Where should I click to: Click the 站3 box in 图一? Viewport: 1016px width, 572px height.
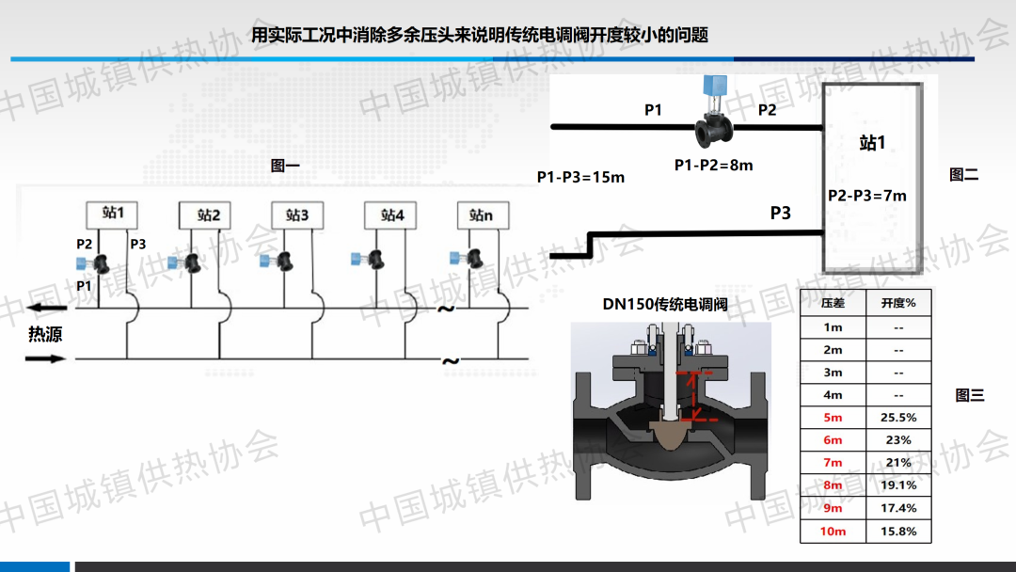[297, 215]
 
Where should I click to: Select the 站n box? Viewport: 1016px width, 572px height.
[483, 215]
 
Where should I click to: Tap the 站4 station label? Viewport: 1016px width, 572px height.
[390, 215]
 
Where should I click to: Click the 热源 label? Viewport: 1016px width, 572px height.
[45, 334]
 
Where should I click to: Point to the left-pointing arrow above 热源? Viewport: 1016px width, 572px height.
[47, 308]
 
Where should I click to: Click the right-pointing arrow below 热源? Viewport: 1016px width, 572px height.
[45, 358]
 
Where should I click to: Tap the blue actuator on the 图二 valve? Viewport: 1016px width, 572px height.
[715, 86]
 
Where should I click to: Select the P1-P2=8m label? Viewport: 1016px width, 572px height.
[713, 166]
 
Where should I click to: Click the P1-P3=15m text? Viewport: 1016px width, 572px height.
[580, 177]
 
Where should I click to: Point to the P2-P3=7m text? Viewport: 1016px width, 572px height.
[867, 196]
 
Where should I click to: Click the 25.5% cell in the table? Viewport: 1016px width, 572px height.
[898, 418]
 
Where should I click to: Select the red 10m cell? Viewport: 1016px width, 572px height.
[833, 532]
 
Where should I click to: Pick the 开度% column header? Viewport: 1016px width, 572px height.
[898, 303]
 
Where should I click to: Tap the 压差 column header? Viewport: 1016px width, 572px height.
[833, 303]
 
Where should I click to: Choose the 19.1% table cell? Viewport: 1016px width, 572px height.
[898, 485]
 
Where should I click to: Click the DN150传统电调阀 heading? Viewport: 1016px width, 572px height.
[665, 305]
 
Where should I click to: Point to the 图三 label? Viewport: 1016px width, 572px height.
[970, 395]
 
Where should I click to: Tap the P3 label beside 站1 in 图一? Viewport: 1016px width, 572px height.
[138, 245]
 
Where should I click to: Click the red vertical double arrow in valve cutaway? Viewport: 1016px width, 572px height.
[694, 396]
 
